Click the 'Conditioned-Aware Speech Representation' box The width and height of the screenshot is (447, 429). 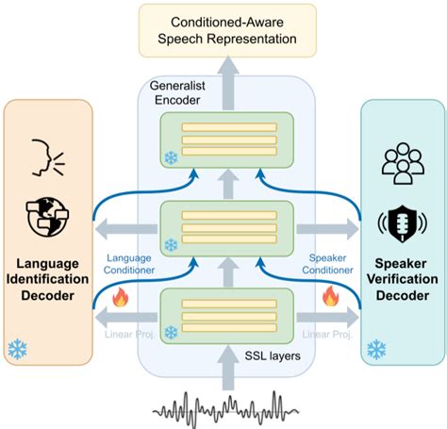[223, 29]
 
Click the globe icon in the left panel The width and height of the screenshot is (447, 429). [47, 215]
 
